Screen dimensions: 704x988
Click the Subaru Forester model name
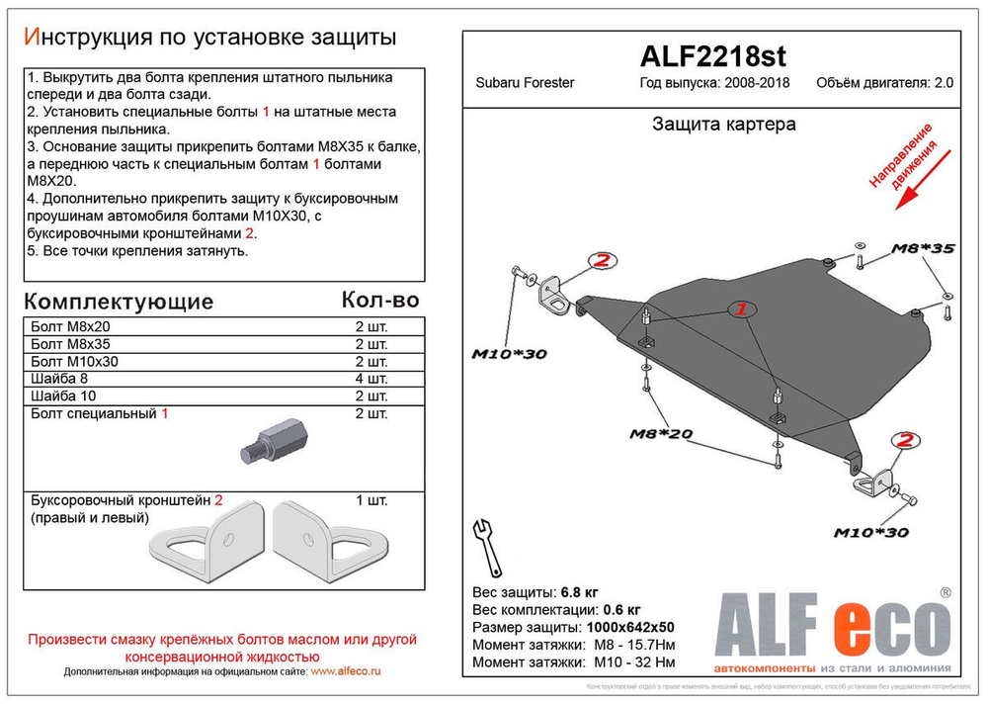525,83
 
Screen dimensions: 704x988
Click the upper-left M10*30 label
508,353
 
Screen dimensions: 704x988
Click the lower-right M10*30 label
869,533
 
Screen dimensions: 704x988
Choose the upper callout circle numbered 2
602,261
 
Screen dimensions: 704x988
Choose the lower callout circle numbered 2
905,441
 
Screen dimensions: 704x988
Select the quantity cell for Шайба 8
371,379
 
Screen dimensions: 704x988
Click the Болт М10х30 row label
75,361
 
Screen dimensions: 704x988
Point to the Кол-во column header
379,300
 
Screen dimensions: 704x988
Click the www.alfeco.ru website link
346,671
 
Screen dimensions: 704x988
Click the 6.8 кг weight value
579,592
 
